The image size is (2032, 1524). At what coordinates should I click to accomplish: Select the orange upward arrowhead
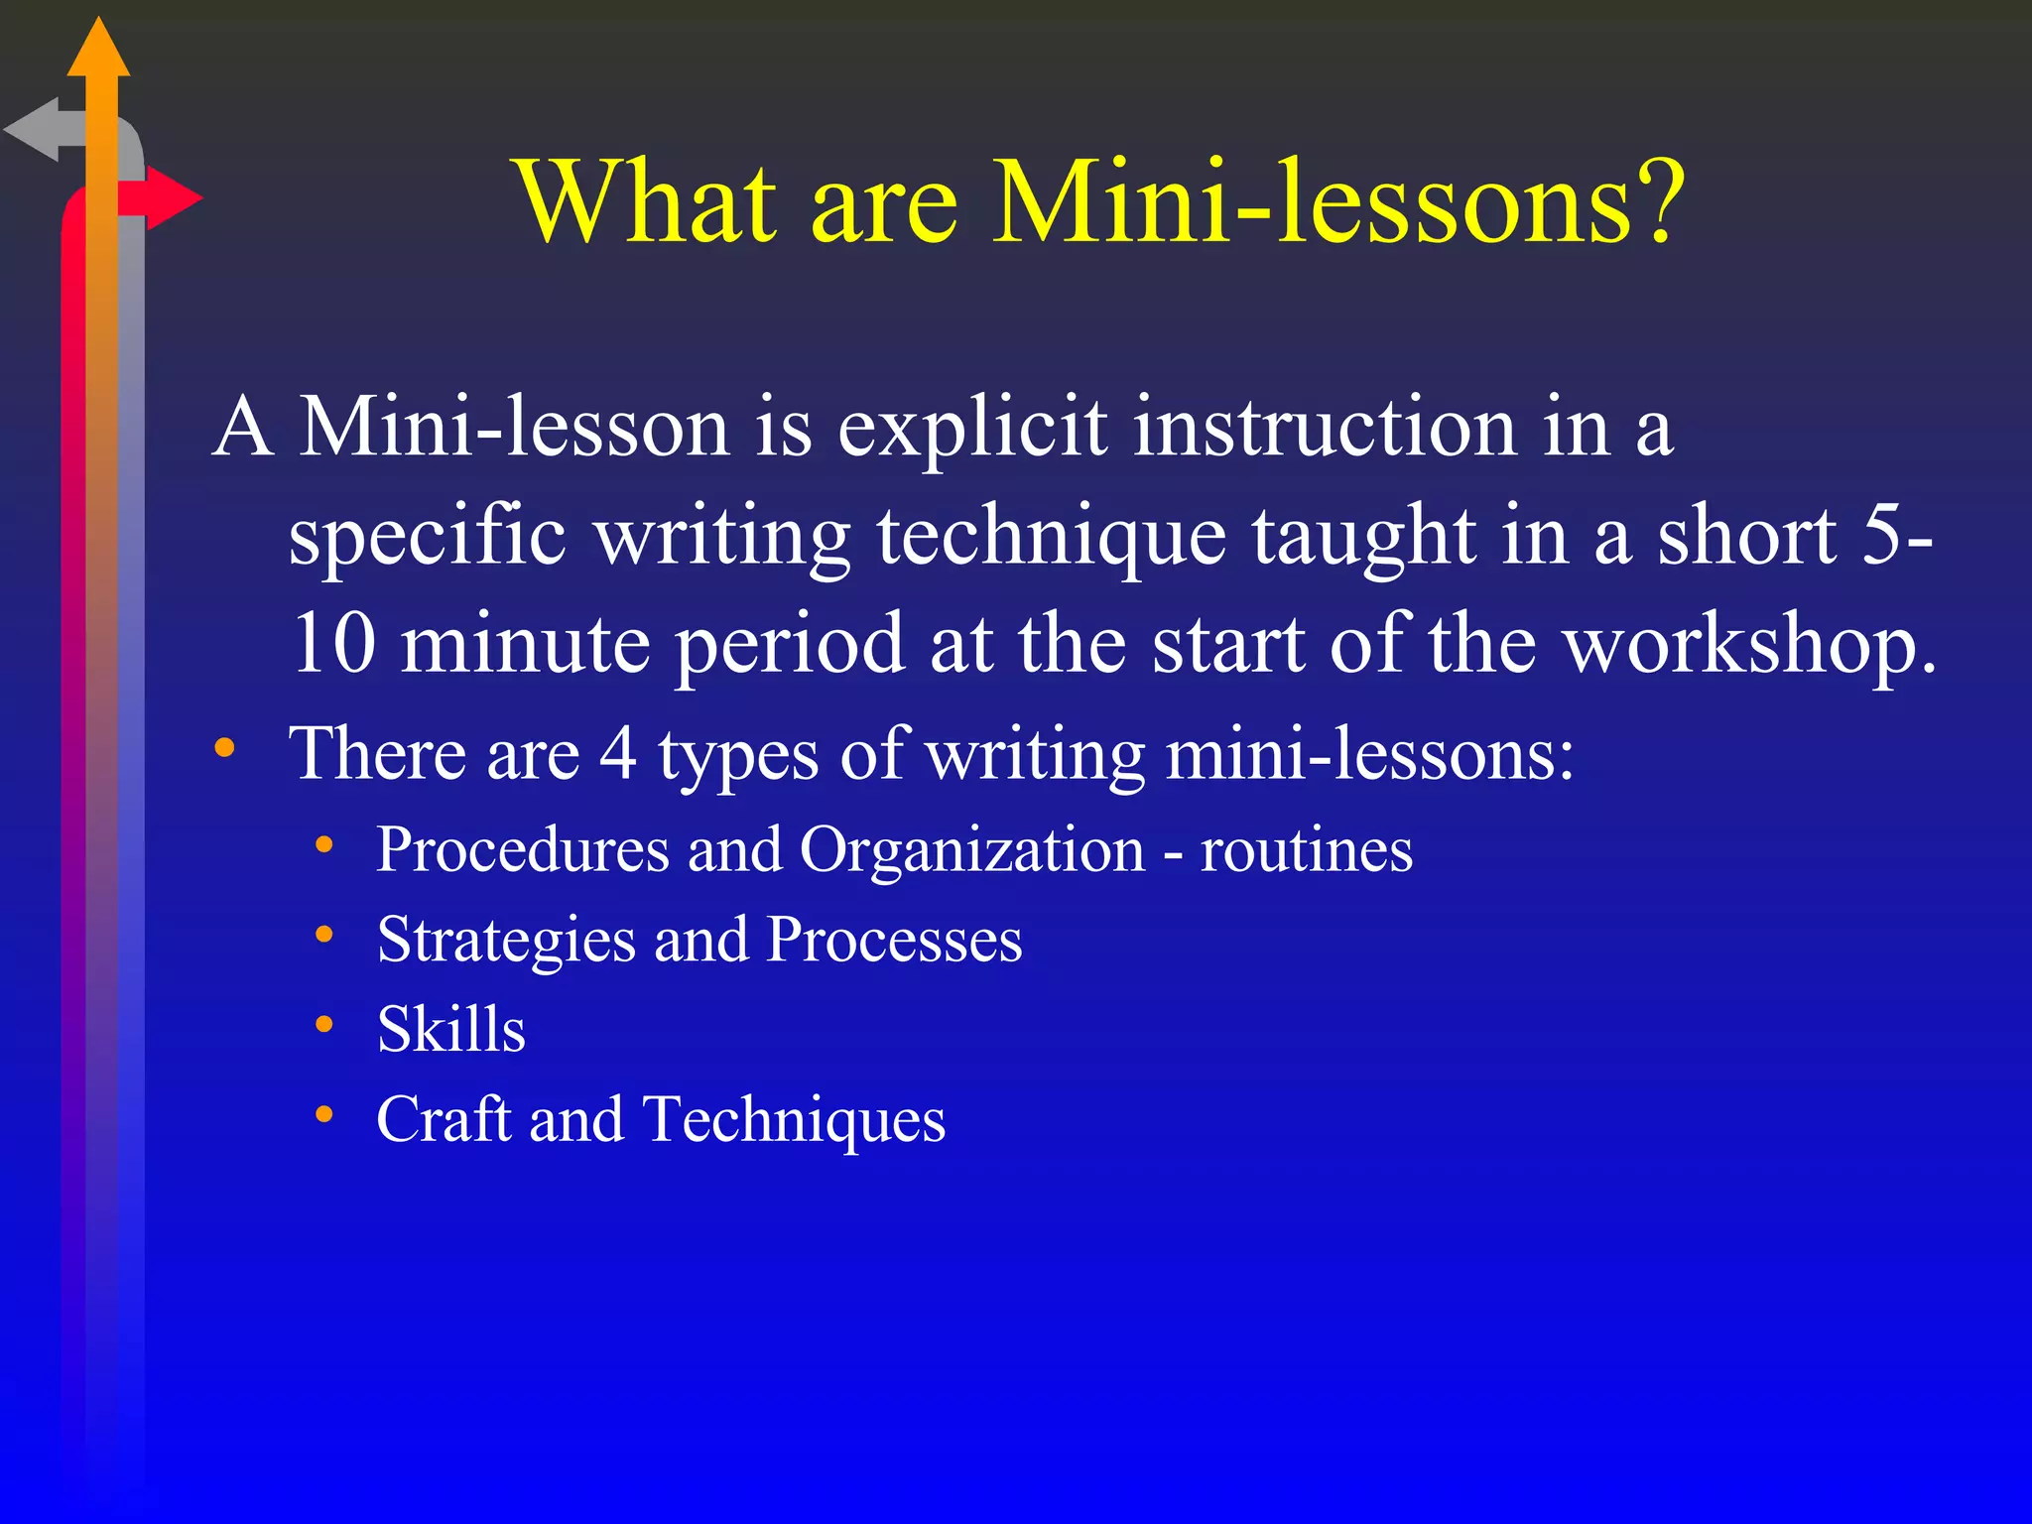(98, 50)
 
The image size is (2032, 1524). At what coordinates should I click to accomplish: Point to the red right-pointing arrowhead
(173, 198)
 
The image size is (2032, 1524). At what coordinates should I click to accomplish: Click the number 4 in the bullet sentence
(617, 753)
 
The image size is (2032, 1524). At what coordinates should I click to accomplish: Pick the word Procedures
(523, 850)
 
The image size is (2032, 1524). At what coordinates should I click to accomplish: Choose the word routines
(1306, 850)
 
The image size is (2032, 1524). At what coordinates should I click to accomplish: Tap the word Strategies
(507, 941)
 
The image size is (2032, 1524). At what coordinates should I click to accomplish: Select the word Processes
(894, 940)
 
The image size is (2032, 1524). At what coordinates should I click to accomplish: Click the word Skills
(451, 1029)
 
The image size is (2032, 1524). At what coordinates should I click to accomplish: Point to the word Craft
(444, 1119)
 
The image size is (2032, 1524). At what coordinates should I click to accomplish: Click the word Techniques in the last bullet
(794, 1120)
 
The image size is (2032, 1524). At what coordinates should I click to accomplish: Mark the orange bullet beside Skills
(324, 1025)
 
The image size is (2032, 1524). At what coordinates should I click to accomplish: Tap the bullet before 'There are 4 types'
(225, 748)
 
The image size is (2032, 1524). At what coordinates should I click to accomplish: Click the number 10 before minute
(334, 644)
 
